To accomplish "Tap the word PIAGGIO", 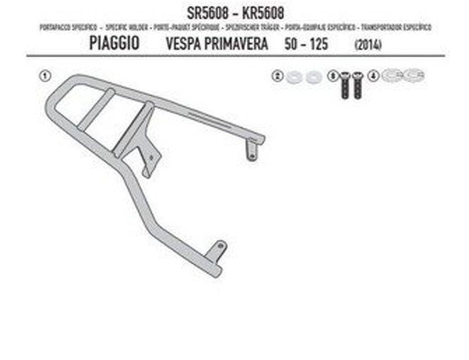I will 114,44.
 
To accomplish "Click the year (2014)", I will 368,45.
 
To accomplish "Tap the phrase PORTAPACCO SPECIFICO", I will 68,27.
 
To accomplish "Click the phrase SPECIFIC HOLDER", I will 126,27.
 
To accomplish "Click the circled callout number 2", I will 277,76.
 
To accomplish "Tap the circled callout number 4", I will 371,76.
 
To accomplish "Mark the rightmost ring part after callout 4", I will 414,75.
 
